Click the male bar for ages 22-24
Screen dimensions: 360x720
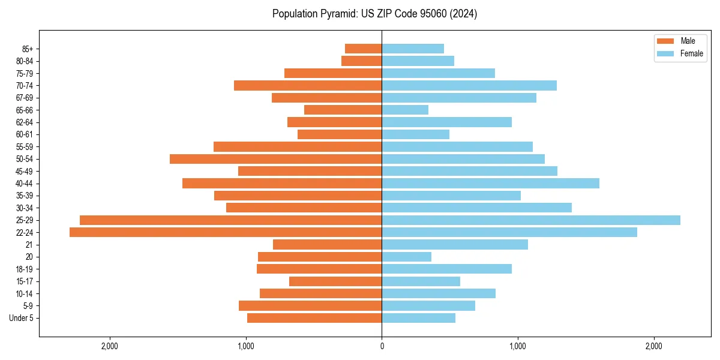tap(226, 232)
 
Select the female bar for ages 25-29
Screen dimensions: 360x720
tap(531, 220)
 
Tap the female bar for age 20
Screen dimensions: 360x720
tap(406, 257)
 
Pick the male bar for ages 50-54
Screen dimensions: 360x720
tap(275, 159)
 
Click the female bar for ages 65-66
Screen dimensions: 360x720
tap(405, 110)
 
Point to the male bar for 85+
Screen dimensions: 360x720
tap(363, 49)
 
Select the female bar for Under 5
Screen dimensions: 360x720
tap(418, 318)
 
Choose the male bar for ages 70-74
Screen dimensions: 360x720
tap(308, 85)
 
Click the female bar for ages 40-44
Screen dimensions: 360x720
tap(490, 184)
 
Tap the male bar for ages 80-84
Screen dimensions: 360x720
tap(361, 61)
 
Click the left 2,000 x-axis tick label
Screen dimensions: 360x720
tap(110, 346)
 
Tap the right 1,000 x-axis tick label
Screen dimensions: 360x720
tap(518, 346)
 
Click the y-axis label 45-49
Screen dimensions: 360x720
tap(25, 171)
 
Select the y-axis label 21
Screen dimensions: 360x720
tap(29, 245)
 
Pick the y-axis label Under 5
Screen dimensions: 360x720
tap(22, 318)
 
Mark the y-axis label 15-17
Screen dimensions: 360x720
tap(25, 281)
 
